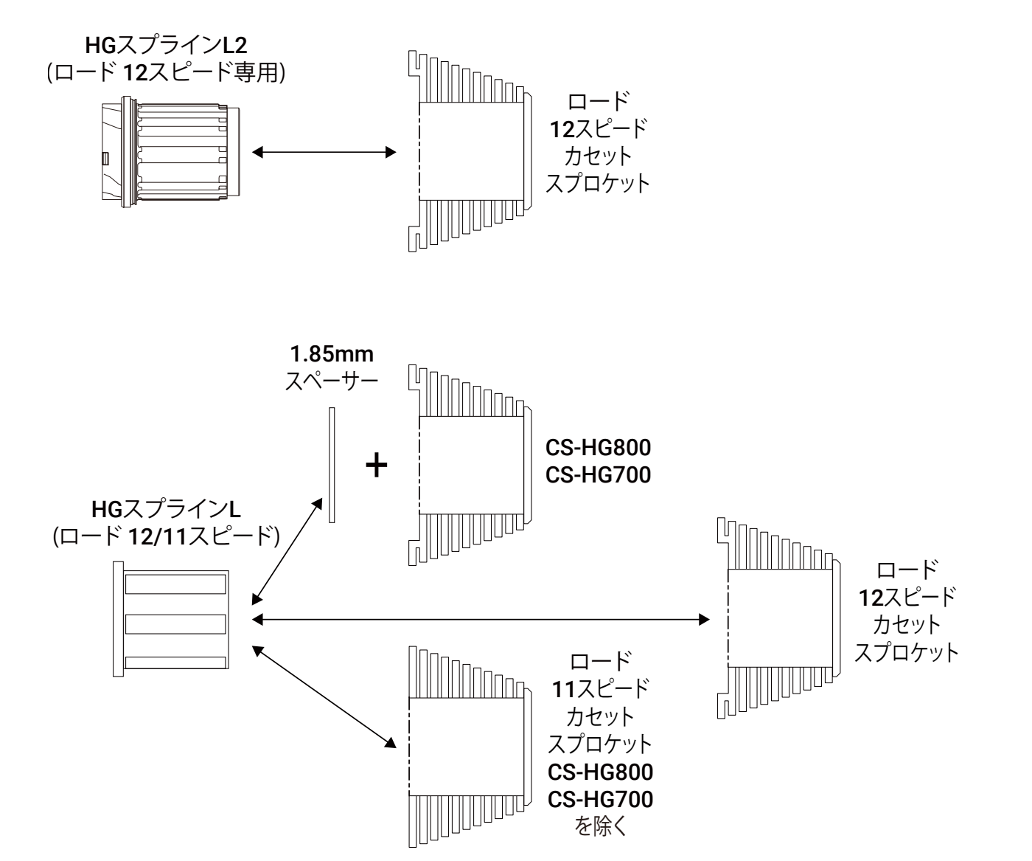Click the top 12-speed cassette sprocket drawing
(x=468, y=153)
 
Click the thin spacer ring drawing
(x=332, y=465)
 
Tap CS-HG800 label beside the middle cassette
(x=598, y=449)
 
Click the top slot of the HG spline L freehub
(x=175, y=584)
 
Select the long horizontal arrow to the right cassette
(x=480, y=620)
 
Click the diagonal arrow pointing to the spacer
(x=288, y=550)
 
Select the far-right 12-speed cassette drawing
(x=778, y=618)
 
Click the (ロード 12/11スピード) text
(x=166, y=536)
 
